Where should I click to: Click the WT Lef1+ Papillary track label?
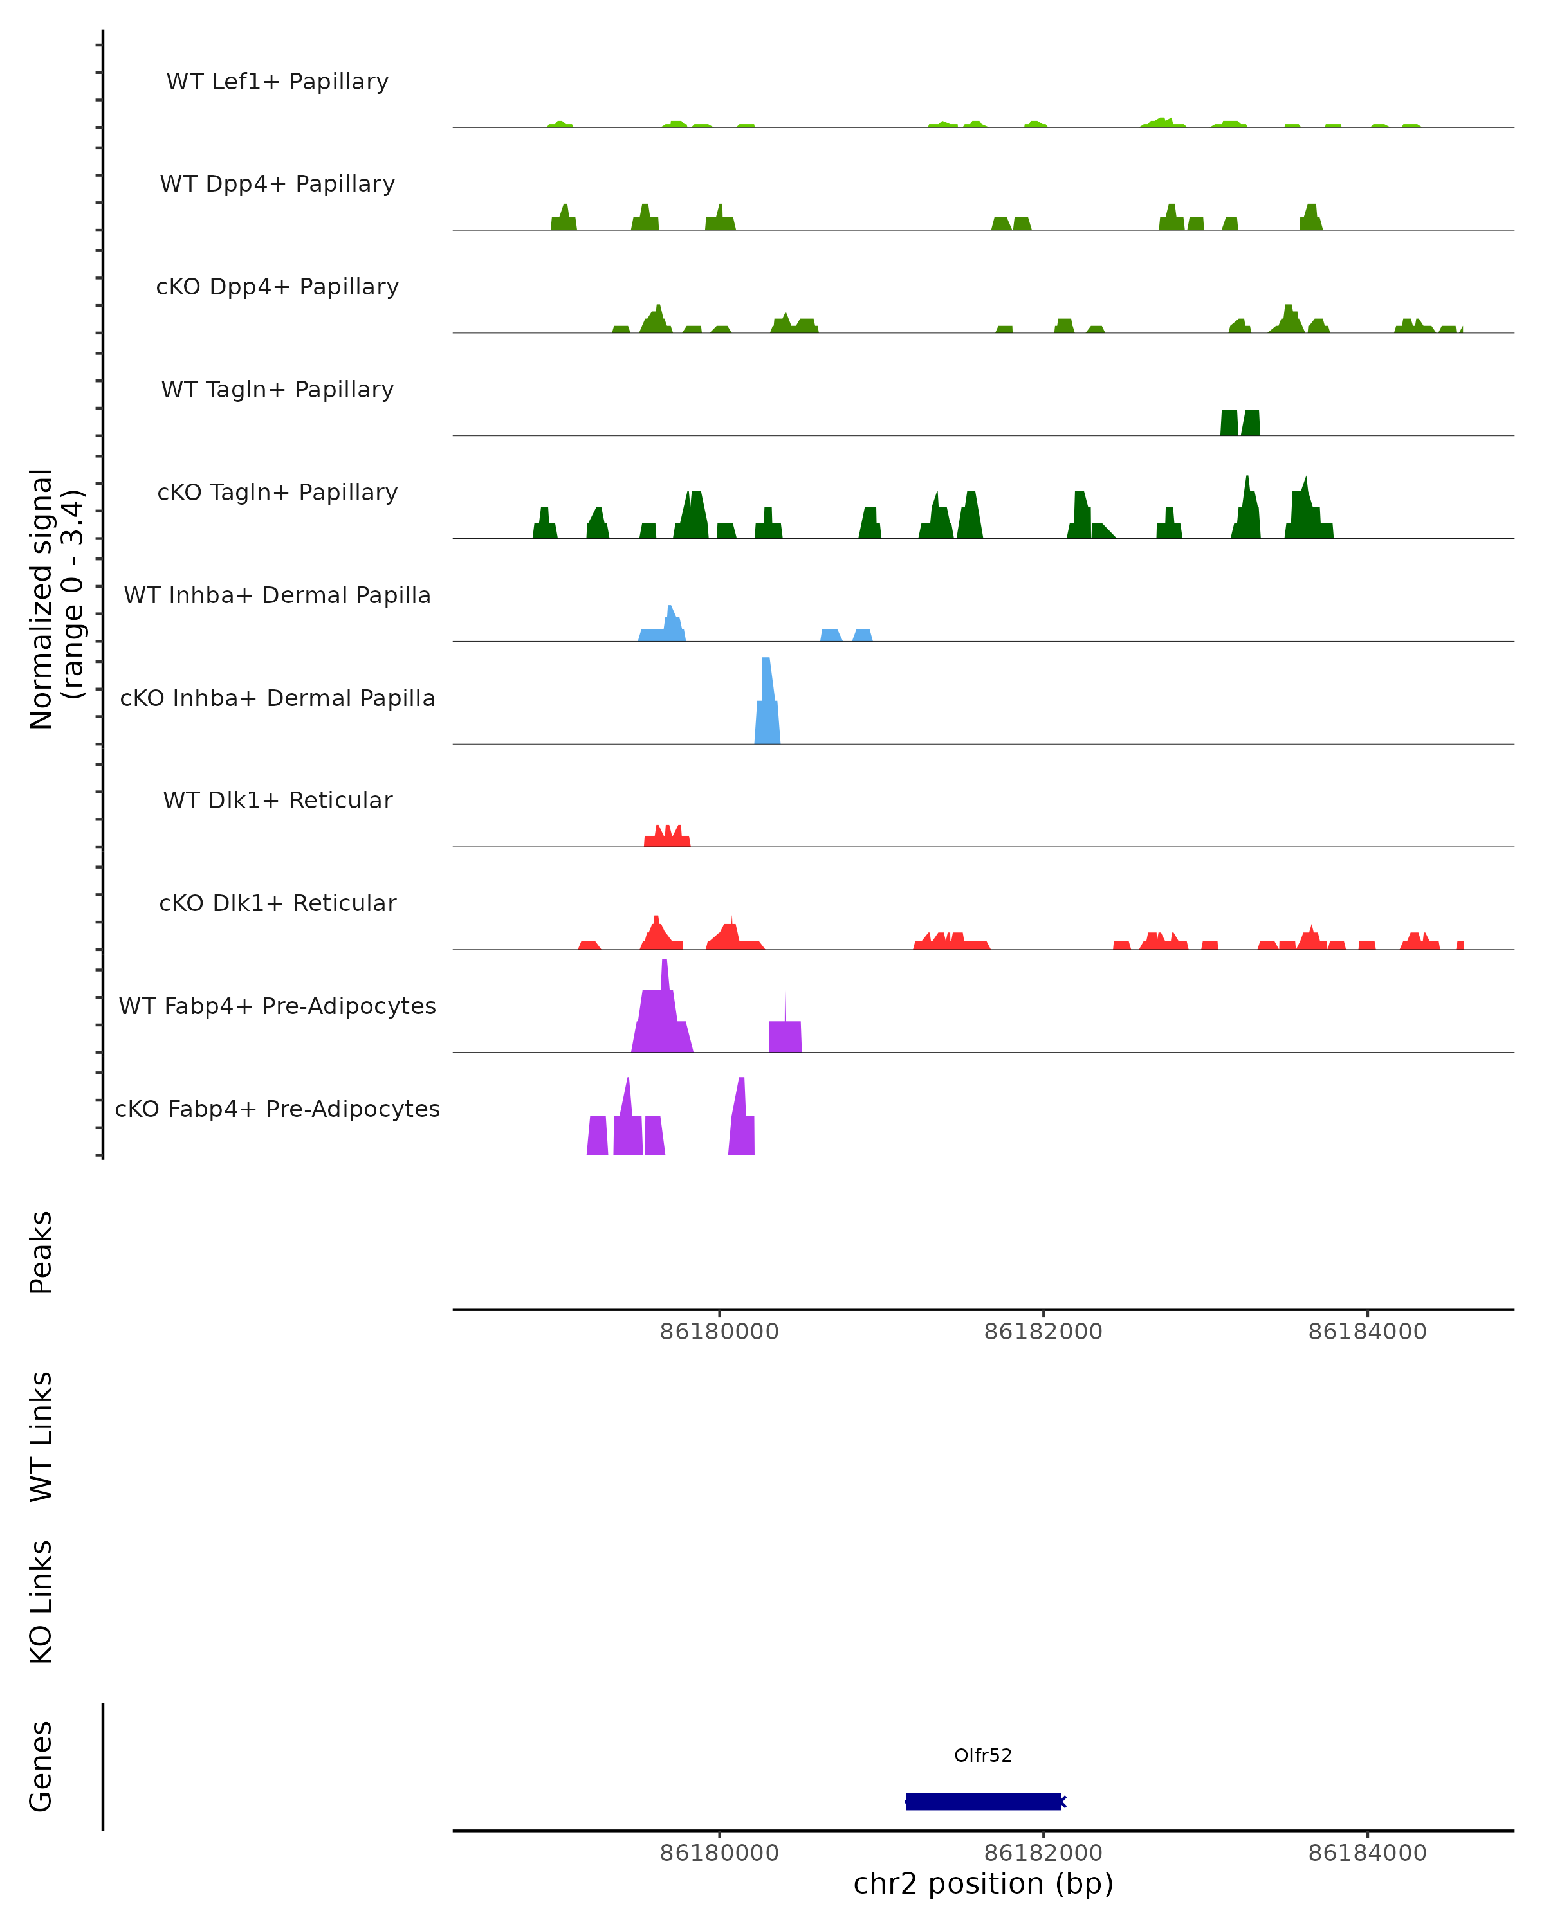coord(277,82)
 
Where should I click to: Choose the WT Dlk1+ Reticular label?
coord(277,800)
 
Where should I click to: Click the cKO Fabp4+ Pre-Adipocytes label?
coord(277,1109)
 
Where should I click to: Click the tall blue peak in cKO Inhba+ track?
coord(767,707)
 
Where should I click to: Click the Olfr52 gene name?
coord(983,1755)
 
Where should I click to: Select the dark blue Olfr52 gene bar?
coord(983,1801)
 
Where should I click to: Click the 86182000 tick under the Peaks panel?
coord(1043,1332)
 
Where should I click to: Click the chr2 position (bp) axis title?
coord(983,1884)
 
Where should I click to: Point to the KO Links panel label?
coord(41,1602)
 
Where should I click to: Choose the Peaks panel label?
coord(41,1253)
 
